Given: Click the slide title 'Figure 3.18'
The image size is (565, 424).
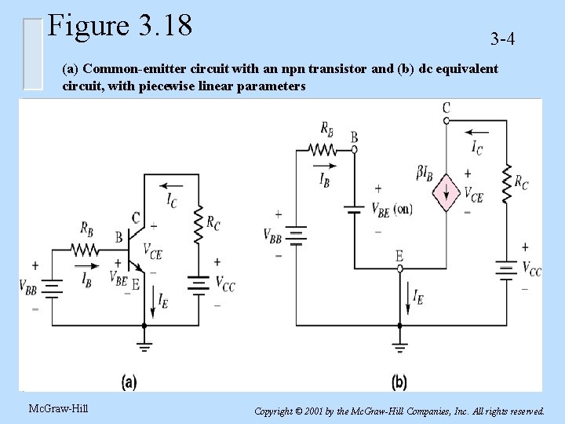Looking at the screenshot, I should [x=119, y=25].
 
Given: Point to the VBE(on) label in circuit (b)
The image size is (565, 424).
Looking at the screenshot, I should [x=390, y=210].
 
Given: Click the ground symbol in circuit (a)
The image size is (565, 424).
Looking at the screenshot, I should [x=144, y=345].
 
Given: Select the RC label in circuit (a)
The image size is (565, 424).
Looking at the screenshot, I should [x=213, y=223].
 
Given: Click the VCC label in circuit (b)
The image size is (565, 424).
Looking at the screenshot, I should [x=531, y=269].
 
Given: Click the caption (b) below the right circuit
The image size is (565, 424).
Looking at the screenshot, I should [x=398, y=382].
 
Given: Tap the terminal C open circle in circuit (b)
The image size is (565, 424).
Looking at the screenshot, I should [x=447, y=120].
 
